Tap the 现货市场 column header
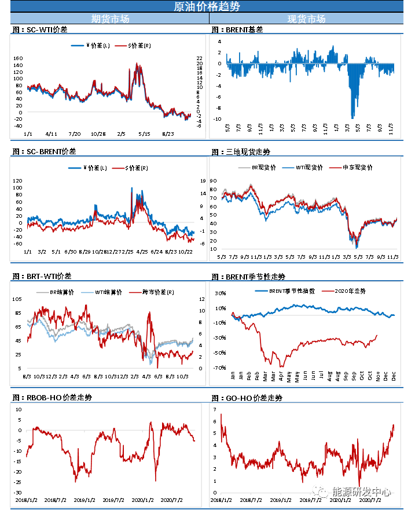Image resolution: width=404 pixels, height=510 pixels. pyautogui.click(x=306, y=18)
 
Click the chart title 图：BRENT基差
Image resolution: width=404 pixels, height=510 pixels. pyautogui.click(x=237, y=29)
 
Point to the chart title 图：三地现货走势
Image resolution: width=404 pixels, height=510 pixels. pyautogui.click(x=241, y=152)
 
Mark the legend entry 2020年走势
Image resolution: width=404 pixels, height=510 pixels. pyautogui.click(x=350, y=291)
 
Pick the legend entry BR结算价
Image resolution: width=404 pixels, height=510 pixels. pyautogui.click(x=60, y=293)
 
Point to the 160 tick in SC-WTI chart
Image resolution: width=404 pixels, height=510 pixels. pyautogui.click(x=17, y=58)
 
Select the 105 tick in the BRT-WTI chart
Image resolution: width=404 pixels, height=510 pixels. pyautogui.click(x=17, y=299)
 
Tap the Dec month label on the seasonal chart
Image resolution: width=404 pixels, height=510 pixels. pyautogui.click(x=394, y=375)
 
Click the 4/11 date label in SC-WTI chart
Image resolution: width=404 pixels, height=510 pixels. pyautogui.click(x=50, y=133)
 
